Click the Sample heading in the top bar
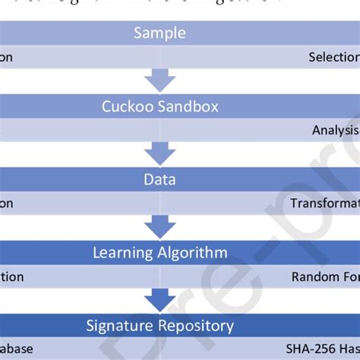pos(159,33)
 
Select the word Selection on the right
pos(333,57)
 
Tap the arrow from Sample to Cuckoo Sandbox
pos(159,81)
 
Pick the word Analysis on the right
pos(335,130)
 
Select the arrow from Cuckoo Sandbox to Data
pos(159,154)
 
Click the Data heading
pos(159,180)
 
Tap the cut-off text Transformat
pos(324,204)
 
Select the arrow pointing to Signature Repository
pos(159,301)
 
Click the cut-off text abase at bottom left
pos(11,350)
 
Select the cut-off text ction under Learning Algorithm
pos(11,277)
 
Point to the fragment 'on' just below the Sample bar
pos(6,57)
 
